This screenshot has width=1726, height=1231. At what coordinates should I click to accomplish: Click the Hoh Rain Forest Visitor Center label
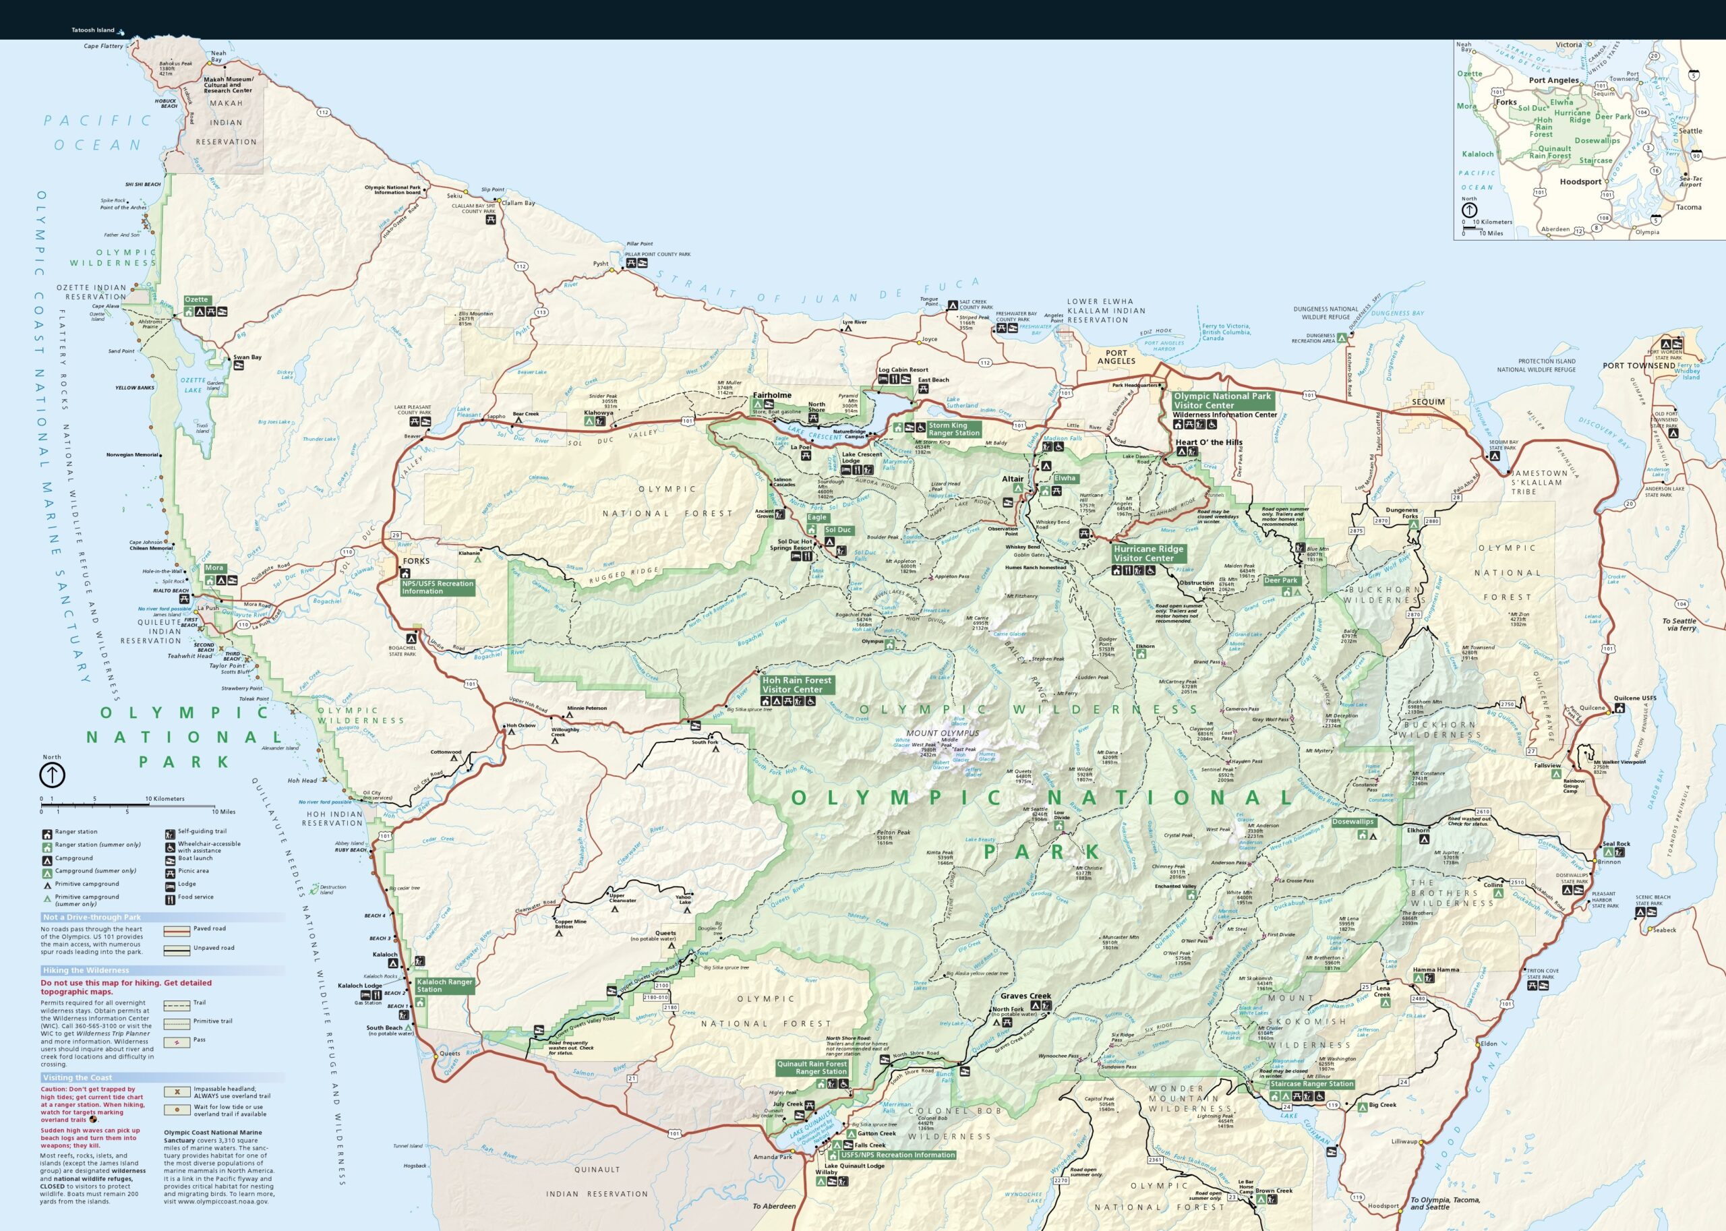(x=797, y=685)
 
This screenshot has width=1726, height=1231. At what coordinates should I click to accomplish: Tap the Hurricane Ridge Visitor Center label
(x=1148, y=553)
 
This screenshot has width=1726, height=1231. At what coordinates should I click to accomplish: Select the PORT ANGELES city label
(x=1116, y=357)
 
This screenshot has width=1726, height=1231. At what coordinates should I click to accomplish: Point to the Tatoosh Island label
(x=92, y=30)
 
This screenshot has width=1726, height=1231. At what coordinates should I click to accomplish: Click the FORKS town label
(x=416, y=561)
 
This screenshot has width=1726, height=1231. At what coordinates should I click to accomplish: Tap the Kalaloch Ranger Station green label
(x=444, y=986)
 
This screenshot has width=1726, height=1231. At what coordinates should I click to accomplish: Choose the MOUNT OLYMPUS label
(x=942, y=733)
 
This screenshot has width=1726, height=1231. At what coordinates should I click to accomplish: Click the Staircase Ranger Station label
(x=1311, y=1084)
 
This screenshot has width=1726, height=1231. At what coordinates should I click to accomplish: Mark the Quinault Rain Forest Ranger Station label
(x=811, y=1068)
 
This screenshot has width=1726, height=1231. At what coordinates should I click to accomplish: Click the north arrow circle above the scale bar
(x=51, y=775)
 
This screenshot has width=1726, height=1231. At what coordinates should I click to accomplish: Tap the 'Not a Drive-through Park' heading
(x=92, y=918)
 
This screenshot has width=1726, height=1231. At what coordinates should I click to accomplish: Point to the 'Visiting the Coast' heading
(x=78, y=1077)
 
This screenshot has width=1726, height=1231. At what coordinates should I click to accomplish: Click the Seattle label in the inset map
(x=1690, y=131)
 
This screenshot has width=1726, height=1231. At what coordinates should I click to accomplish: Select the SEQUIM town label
(x=1428, y=402)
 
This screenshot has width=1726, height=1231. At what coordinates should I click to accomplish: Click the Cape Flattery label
(x=103, y=47)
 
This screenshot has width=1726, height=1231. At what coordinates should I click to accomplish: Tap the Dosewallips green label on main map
(x=1353, y=822)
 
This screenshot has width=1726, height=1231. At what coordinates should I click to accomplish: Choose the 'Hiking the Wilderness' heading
(x=86, y=970)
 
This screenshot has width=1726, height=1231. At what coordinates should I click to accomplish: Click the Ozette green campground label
(x=196, y=299)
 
